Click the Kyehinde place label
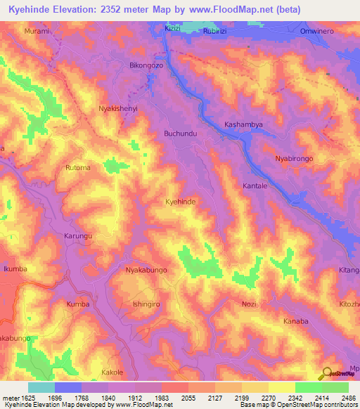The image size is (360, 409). pos(180,202)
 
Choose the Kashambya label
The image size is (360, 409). pos(243,124)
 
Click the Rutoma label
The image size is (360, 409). pos(78,168)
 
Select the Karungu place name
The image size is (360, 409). pos(78,236)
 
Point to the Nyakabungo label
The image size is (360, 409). pos(146,270)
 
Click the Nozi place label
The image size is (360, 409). pos(249,303)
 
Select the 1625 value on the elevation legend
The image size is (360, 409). pos(29,397)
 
